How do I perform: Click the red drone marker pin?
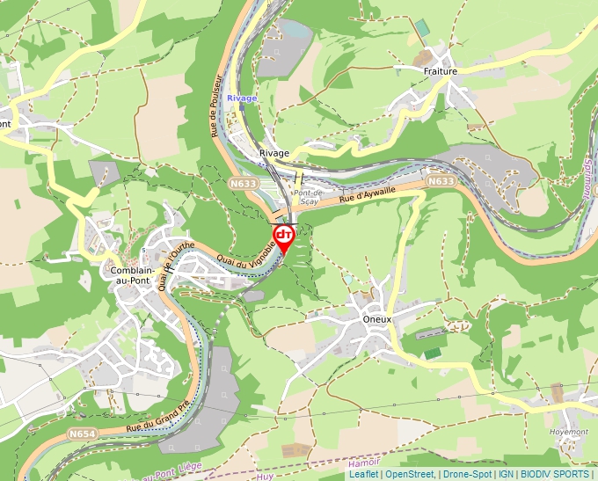284,237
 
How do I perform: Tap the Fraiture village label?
440,71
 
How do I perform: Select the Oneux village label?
378,320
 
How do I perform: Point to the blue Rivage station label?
242,98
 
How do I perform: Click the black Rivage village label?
274,153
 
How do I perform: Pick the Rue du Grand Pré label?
157,416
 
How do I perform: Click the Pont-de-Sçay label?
309,196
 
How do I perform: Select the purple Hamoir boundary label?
364,463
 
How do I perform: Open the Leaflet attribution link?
363,474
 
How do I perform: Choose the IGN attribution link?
506,474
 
